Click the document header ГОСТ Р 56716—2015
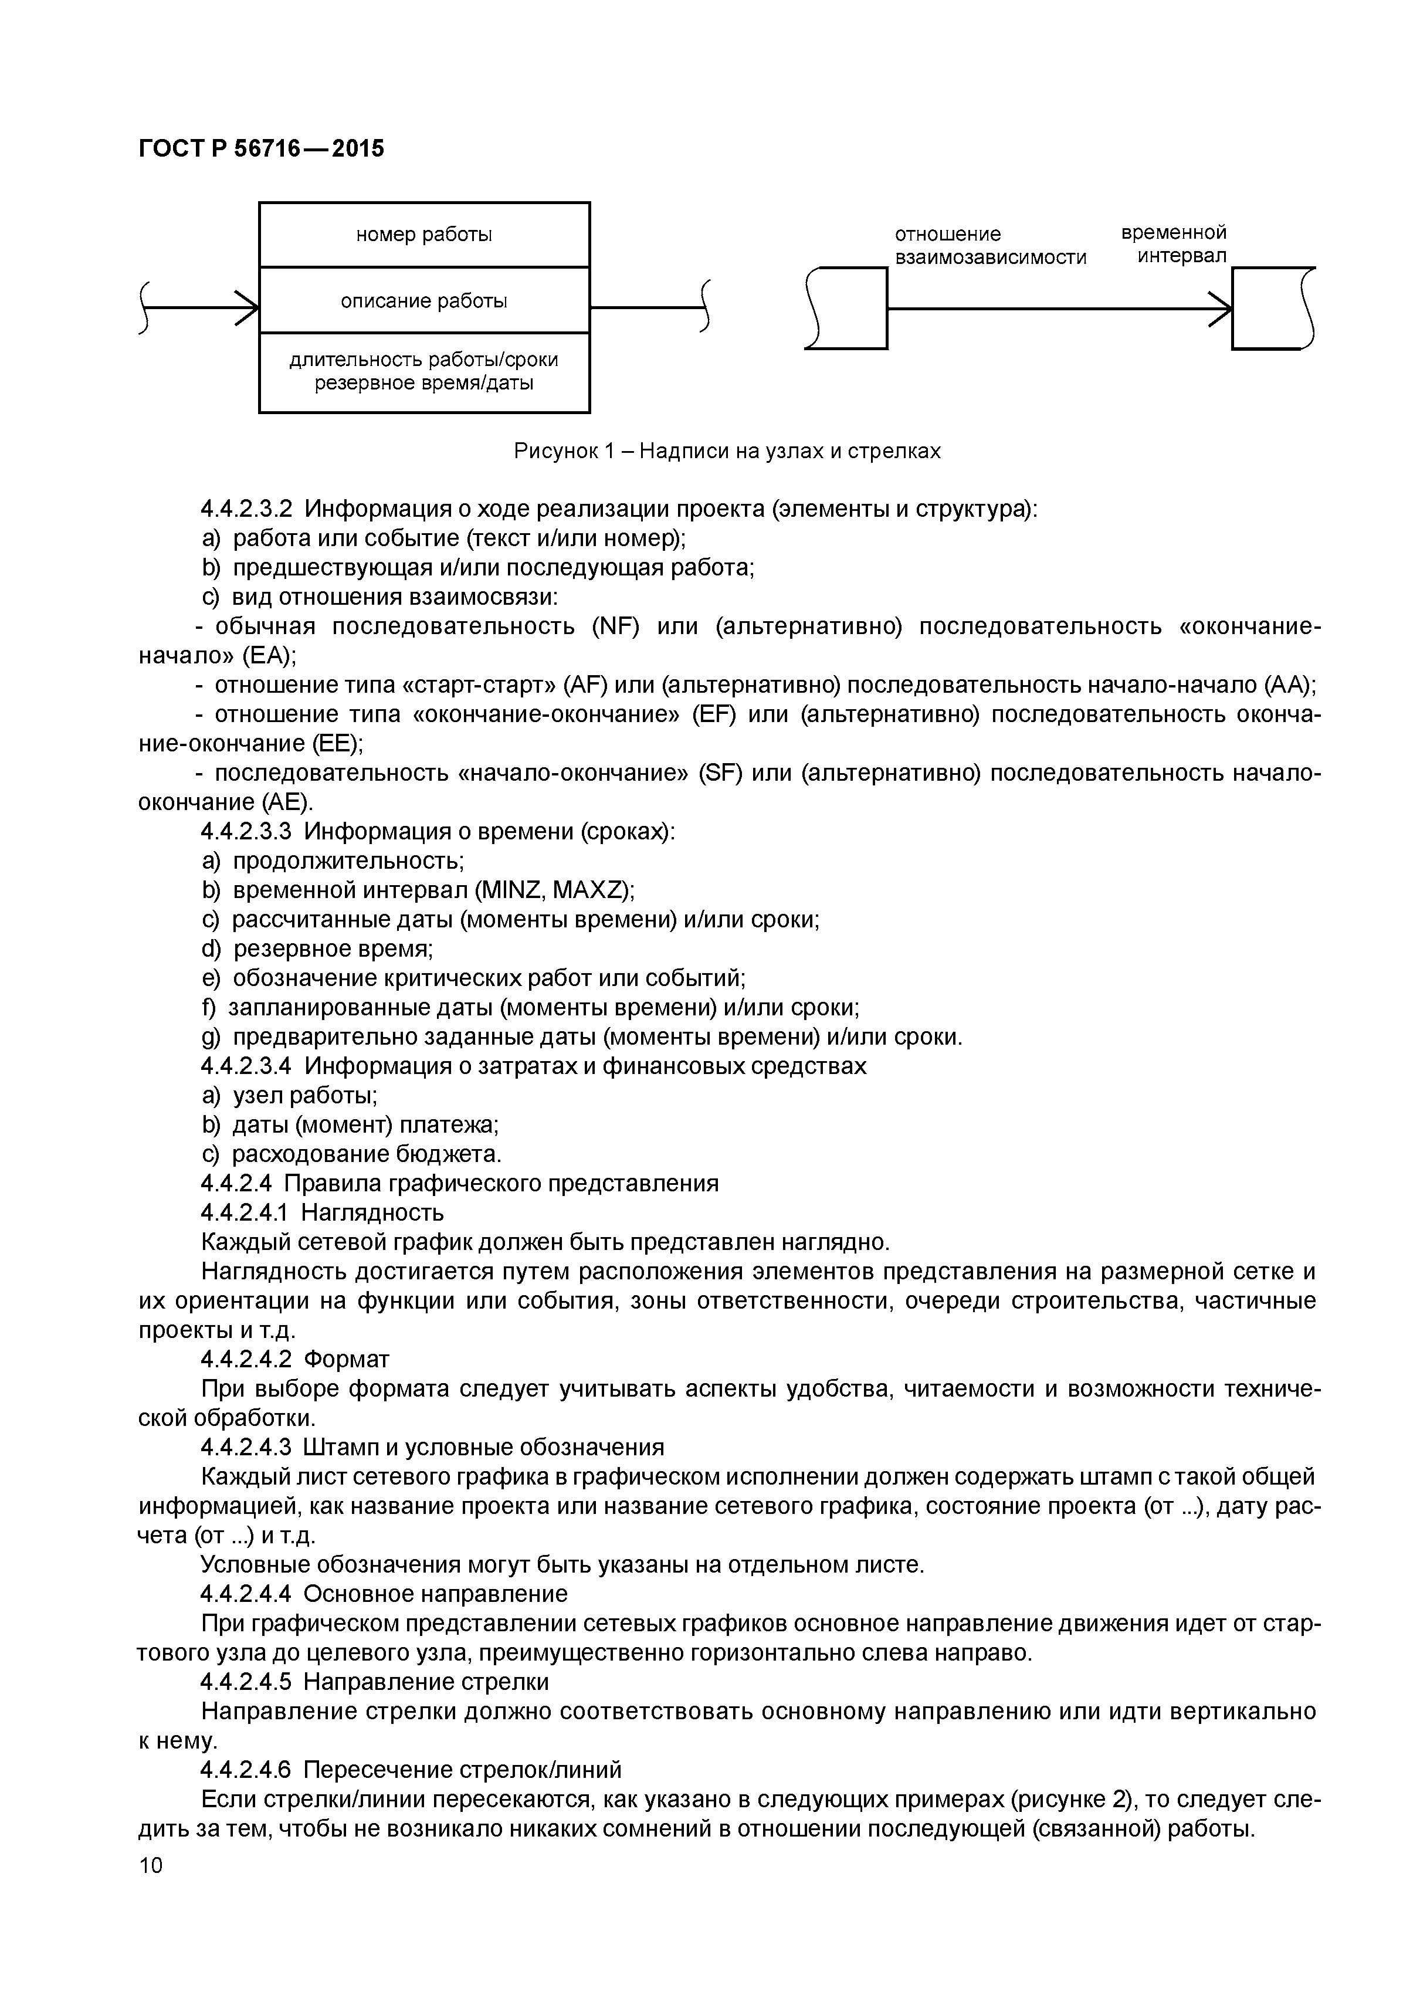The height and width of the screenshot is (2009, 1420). point(261,149)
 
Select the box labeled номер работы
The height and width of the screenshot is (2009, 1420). point(423,235)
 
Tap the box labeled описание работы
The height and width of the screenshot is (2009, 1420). point(423,301)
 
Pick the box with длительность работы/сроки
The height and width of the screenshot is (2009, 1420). point(423,372)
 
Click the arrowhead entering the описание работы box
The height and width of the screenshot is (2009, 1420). point(249,308)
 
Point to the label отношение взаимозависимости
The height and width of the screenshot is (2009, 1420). point(989,246)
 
